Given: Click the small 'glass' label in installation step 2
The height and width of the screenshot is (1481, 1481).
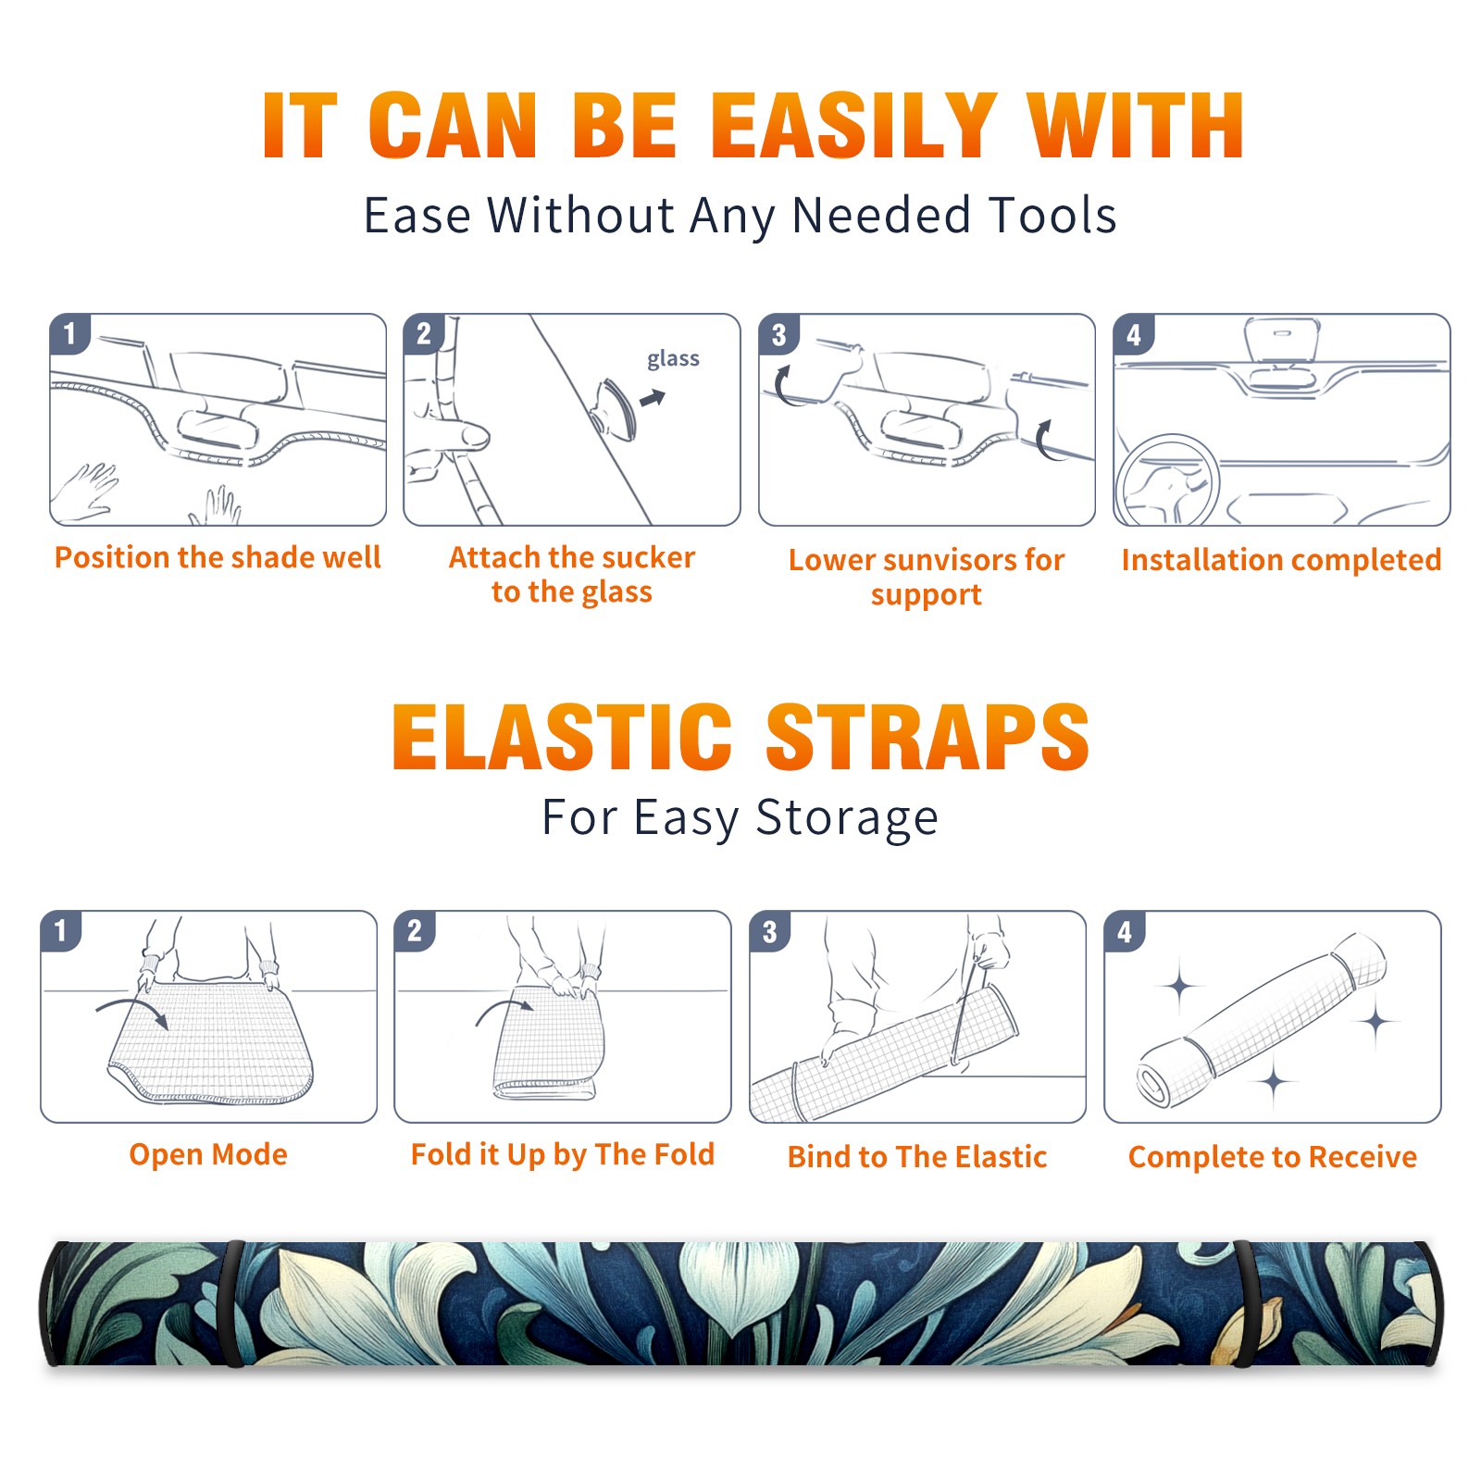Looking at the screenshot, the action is (673, 359).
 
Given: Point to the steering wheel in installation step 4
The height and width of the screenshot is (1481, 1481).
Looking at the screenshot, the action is (1168, 480).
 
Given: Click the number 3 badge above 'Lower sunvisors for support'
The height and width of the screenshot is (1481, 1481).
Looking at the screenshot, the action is (778, 334).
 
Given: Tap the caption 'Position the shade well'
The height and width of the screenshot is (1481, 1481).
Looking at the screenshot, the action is (218, 557).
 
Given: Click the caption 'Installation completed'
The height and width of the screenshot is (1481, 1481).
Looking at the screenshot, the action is (1281, 560).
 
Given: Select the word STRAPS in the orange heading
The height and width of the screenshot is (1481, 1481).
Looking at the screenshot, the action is (927, 737).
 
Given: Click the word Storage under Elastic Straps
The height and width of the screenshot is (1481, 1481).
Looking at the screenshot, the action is (847, 818).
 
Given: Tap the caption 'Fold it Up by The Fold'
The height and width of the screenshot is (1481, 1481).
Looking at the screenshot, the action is (563, 1154).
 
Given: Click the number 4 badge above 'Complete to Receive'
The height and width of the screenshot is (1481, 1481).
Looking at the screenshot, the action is (1125, 931).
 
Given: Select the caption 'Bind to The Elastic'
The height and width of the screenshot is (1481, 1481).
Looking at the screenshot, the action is (917, 1157).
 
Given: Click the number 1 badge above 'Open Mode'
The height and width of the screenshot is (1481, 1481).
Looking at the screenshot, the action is (60, 931).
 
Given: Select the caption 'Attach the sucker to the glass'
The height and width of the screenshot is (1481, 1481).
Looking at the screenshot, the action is (572, 574).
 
